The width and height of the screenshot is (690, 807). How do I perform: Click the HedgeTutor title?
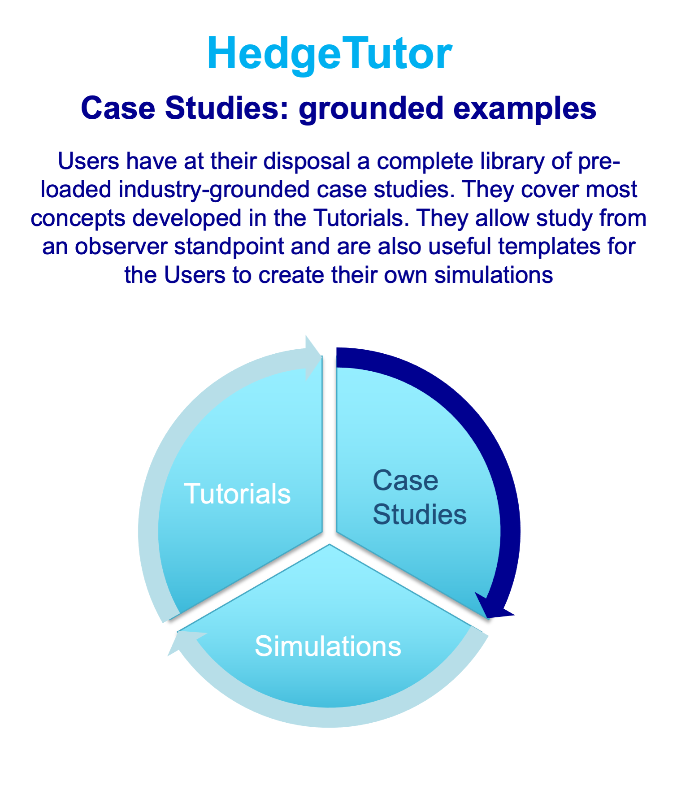coord(330,54)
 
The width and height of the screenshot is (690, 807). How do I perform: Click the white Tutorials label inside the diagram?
coord(237,494)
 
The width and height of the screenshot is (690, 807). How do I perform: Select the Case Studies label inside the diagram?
coord(419,497)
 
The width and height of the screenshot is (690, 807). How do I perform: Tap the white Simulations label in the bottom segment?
coord(328,646)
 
